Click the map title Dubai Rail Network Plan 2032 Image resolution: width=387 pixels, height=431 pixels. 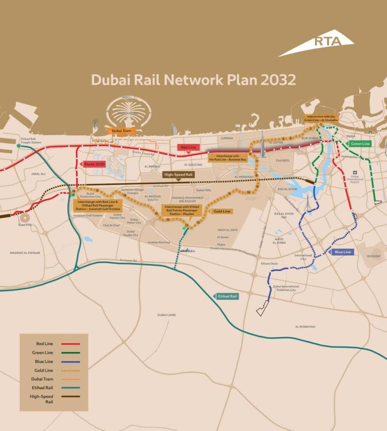[x=193, y=80]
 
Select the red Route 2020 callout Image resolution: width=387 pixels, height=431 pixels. [x=94, y=164]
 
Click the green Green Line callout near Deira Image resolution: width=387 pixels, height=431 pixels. [x=360, y=144]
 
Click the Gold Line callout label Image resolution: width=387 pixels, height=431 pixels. [x=221, y=211]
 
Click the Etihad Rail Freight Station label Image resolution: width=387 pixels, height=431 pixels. [x=31, y=141]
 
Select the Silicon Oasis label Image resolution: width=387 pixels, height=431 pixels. [x=269, y=263]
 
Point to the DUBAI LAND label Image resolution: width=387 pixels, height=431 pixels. [x=167, y=315]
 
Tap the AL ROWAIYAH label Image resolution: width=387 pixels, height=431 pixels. [x=305, y=327]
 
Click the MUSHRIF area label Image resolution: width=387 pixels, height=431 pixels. [x=373, y=255]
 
